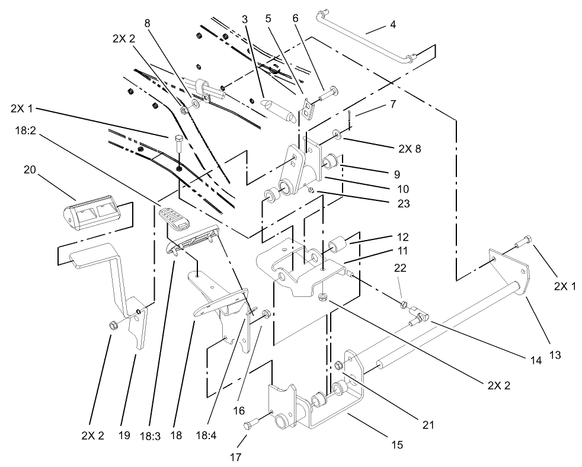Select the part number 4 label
point(392,25)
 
